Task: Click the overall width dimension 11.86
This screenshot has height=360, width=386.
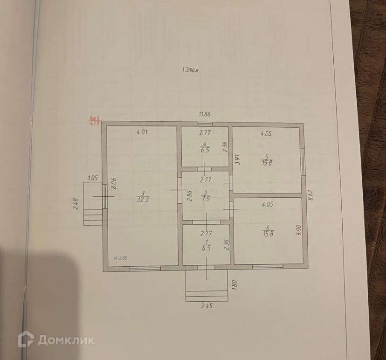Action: coord(205,114)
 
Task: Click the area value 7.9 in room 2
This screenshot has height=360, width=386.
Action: coord(205,198)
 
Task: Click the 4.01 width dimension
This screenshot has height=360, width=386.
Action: coord(142,132)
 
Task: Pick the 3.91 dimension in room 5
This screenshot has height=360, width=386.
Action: coord(236,160)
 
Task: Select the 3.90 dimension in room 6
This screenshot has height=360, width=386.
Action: coord(299,230)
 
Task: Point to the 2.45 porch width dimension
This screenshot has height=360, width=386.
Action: coord(207,306)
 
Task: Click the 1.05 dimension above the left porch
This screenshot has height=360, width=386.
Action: coord(92,178)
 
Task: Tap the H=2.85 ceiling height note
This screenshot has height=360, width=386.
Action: coord(120,258)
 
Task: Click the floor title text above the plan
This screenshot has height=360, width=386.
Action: coord(191,70)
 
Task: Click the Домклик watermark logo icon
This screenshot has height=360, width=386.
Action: coord(26,339)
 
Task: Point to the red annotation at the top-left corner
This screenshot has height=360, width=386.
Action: coord(95,121)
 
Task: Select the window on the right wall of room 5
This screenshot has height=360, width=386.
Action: coord(303,162)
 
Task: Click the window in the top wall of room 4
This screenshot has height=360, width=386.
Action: coord(205,124)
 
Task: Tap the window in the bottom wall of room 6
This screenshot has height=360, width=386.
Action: coord(268,267)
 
